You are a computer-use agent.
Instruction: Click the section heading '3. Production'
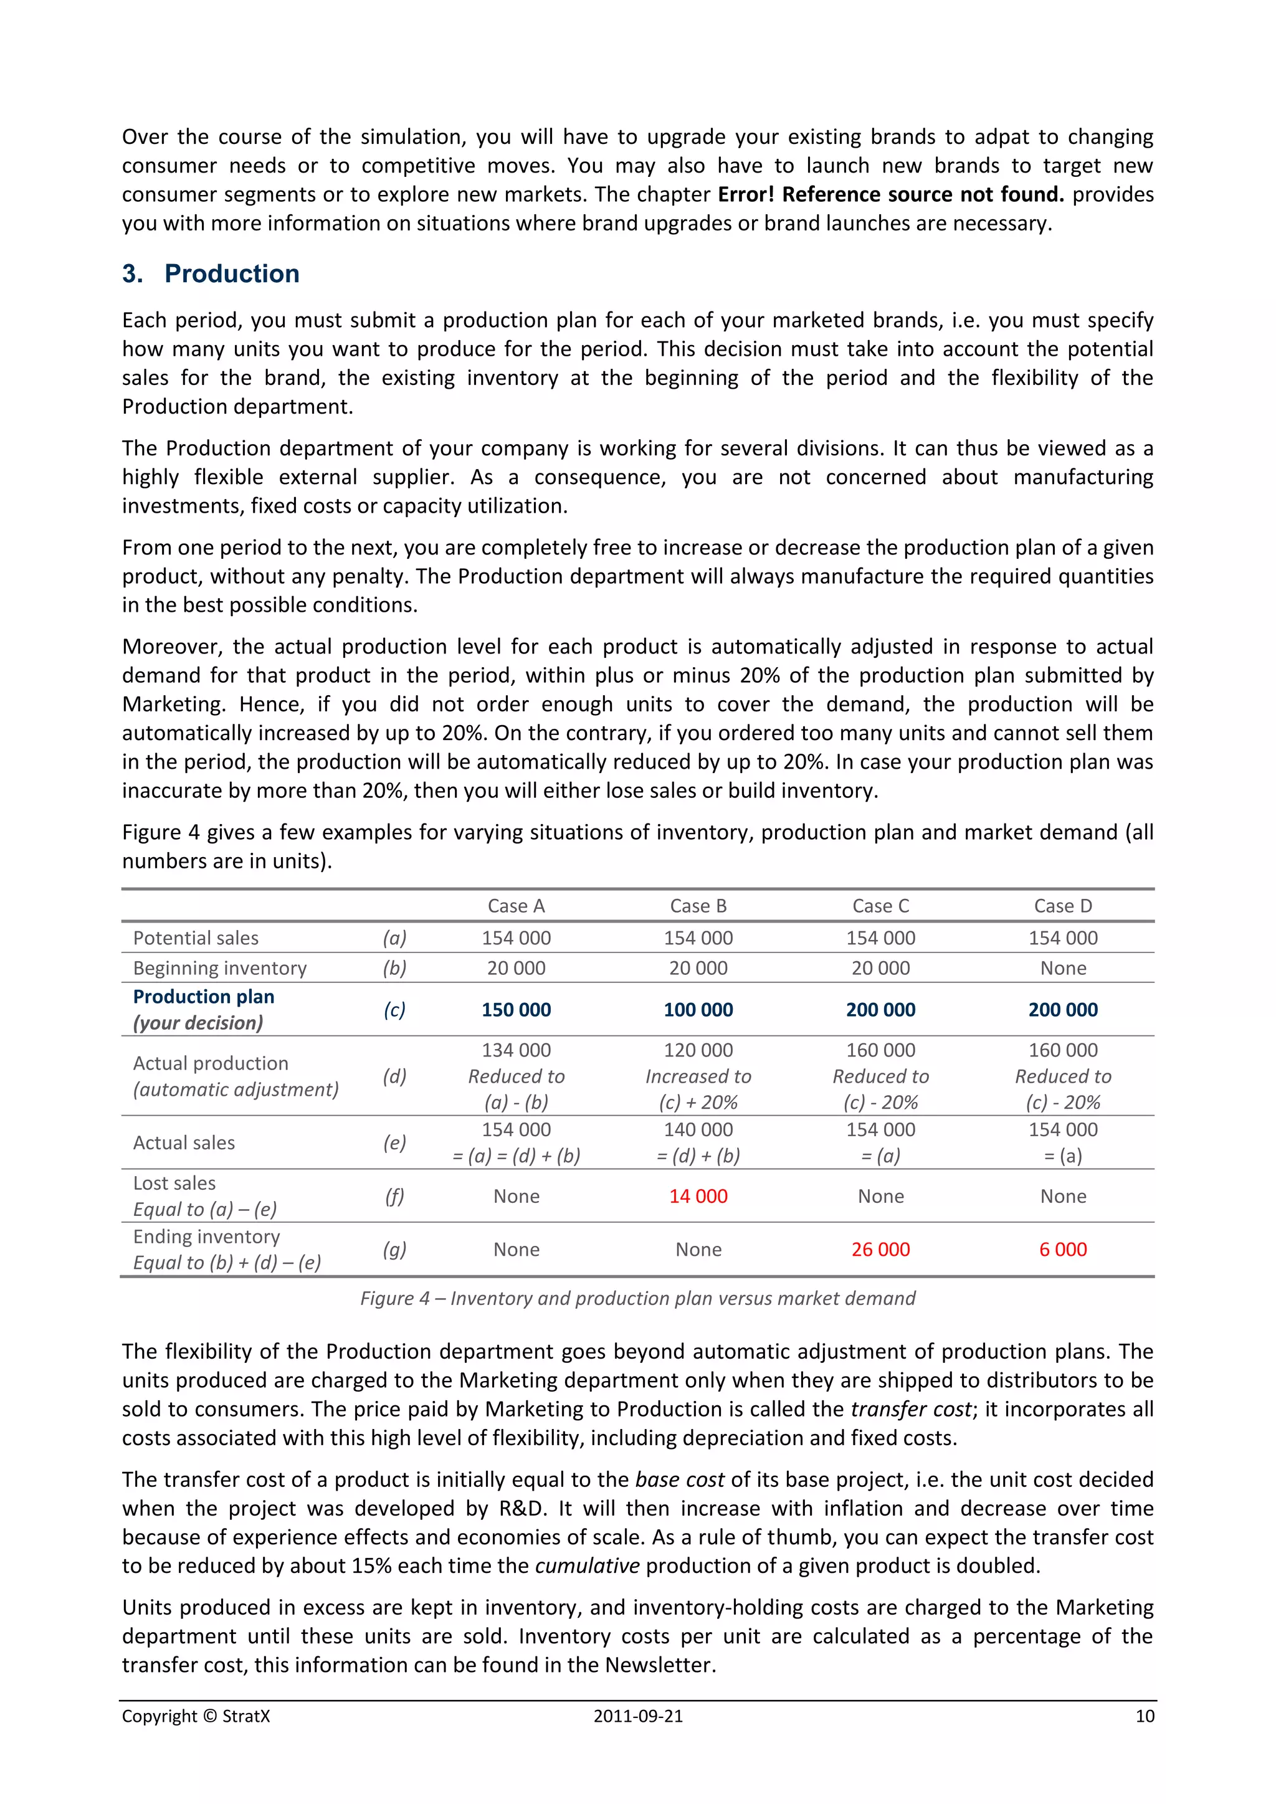pos(211,273)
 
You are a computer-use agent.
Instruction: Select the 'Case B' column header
pos(698,906)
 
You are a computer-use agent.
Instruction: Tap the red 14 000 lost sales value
pos(698,1196)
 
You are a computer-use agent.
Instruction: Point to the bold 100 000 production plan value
pos(698,1010)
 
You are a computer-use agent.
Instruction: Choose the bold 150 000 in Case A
pos(517,1010)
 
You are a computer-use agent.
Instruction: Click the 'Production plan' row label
pos(204,997)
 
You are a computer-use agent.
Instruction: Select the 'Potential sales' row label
pos(196,938)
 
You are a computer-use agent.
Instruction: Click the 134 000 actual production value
pos(517,1050)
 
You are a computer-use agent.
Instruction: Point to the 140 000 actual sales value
pos(698,1130)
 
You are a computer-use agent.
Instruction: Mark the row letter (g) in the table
pos(394,1250)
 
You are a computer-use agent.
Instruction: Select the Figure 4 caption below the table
pos(637,1298)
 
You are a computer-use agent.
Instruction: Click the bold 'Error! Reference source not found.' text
pos(891,194)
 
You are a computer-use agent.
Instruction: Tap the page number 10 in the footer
pos(1144,1716)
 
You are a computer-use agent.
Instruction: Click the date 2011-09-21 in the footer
pos(637,1716)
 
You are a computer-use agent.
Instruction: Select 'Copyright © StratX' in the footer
pos(196,1716)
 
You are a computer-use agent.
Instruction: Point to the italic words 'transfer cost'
pos(912,1409)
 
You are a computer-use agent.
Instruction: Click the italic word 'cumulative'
pos(587,1565)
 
